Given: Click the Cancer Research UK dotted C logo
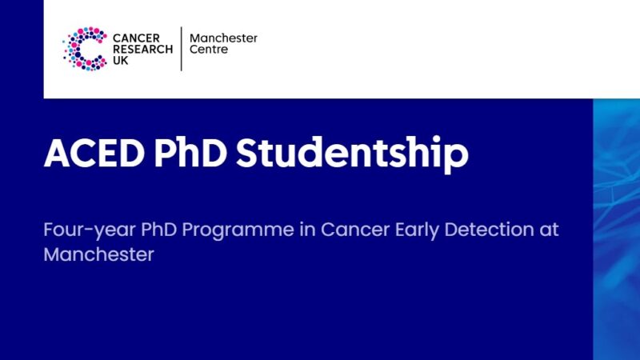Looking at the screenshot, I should click(85, 49).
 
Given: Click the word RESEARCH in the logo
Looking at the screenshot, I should click(142, 49).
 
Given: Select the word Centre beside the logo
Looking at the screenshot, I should click(209, 50).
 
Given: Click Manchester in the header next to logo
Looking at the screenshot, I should click(223, 38).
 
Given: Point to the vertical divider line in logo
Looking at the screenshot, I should click(182, 49).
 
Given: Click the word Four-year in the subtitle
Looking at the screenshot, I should click(79, 230).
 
